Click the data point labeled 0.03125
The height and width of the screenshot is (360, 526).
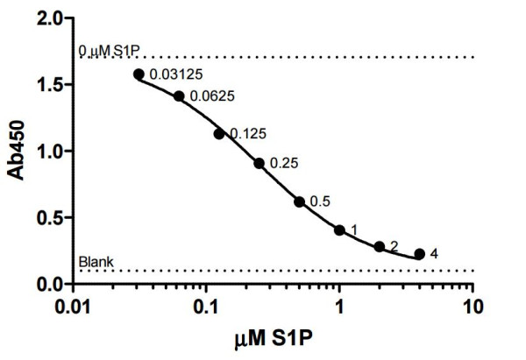139,74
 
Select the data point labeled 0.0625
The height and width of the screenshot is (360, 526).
179,96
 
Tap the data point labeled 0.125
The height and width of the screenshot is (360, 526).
219,134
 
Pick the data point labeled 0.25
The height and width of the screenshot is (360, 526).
259,163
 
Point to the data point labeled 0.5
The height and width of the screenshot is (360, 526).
299,201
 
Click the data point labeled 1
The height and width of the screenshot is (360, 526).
339,230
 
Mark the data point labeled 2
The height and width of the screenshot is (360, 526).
380,247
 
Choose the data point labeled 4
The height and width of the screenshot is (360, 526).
419,254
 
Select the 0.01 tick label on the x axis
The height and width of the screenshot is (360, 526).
73,307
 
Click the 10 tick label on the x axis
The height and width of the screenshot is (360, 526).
473,307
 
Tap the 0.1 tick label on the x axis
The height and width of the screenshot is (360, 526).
206,307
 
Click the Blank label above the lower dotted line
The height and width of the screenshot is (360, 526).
93,261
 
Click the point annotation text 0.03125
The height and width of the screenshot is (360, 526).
172,74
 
